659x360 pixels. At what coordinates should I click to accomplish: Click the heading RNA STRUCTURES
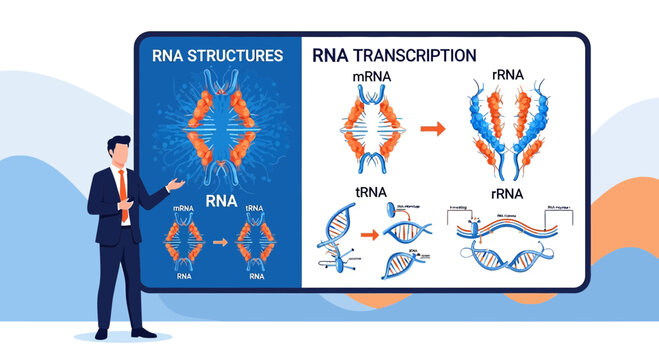(217, 56)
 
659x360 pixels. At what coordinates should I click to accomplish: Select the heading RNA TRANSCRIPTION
(394, 56)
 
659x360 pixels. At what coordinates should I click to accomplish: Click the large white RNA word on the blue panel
(219, 199)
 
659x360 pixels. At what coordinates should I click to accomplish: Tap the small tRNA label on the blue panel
(251, 210)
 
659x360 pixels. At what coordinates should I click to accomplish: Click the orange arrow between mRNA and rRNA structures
(432, 128)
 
